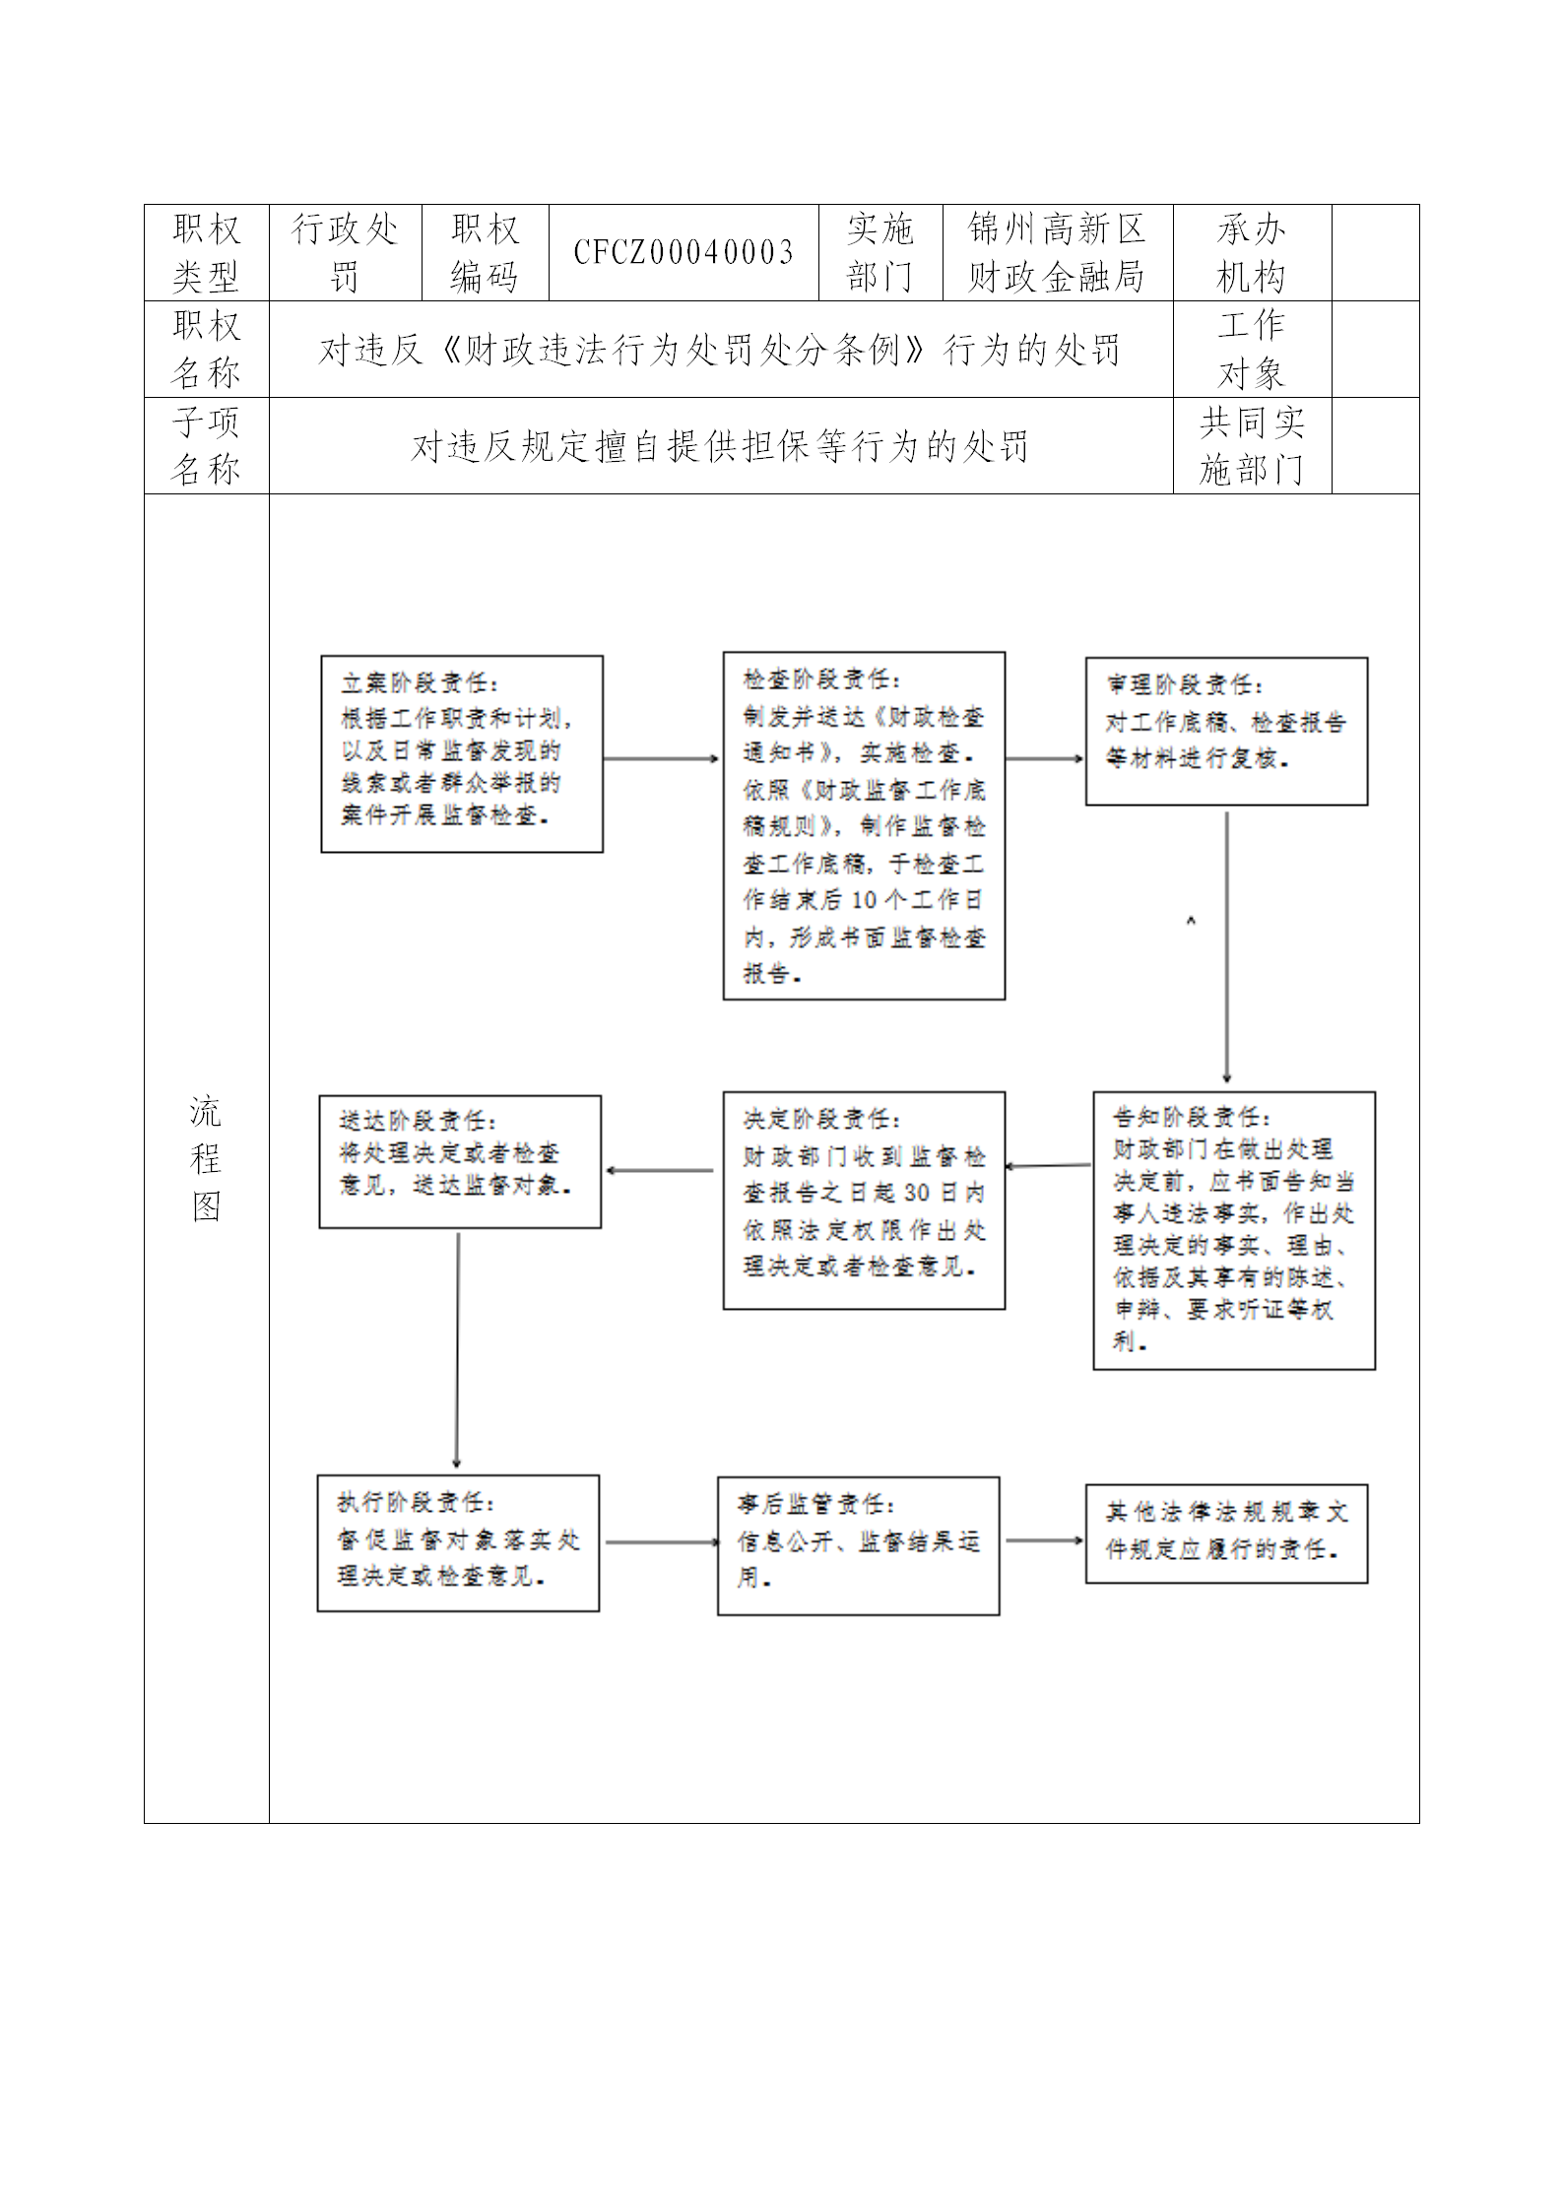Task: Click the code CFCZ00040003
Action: [684, 253]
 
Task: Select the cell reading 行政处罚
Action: [345, 253]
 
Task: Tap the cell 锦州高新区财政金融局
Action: [1057, 253]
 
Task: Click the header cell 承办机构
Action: [1251, 253]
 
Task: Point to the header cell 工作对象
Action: [1251, 350]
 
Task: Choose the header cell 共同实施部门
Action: [1251, 446]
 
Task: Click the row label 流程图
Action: [206, 1158]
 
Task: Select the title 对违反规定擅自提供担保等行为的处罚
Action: [720, 446]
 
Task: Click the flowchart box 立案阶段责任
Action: [462, 753]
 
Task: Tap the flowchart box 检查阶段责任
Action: [864, 825]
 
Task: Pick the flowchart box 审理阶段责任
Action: [1226, 731]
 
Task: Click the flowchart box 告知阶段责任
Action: [1233, 1230]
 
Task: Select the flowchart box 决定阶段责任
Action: [864, 1200]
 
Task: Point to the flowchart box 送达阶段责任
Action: [460, 1162]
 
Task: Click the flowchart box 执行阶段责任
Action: [458, 1542]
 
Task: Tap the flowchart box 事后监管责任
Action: [858, 1545]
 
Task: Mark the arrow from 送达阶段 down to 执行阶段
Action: [457, 1350]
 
